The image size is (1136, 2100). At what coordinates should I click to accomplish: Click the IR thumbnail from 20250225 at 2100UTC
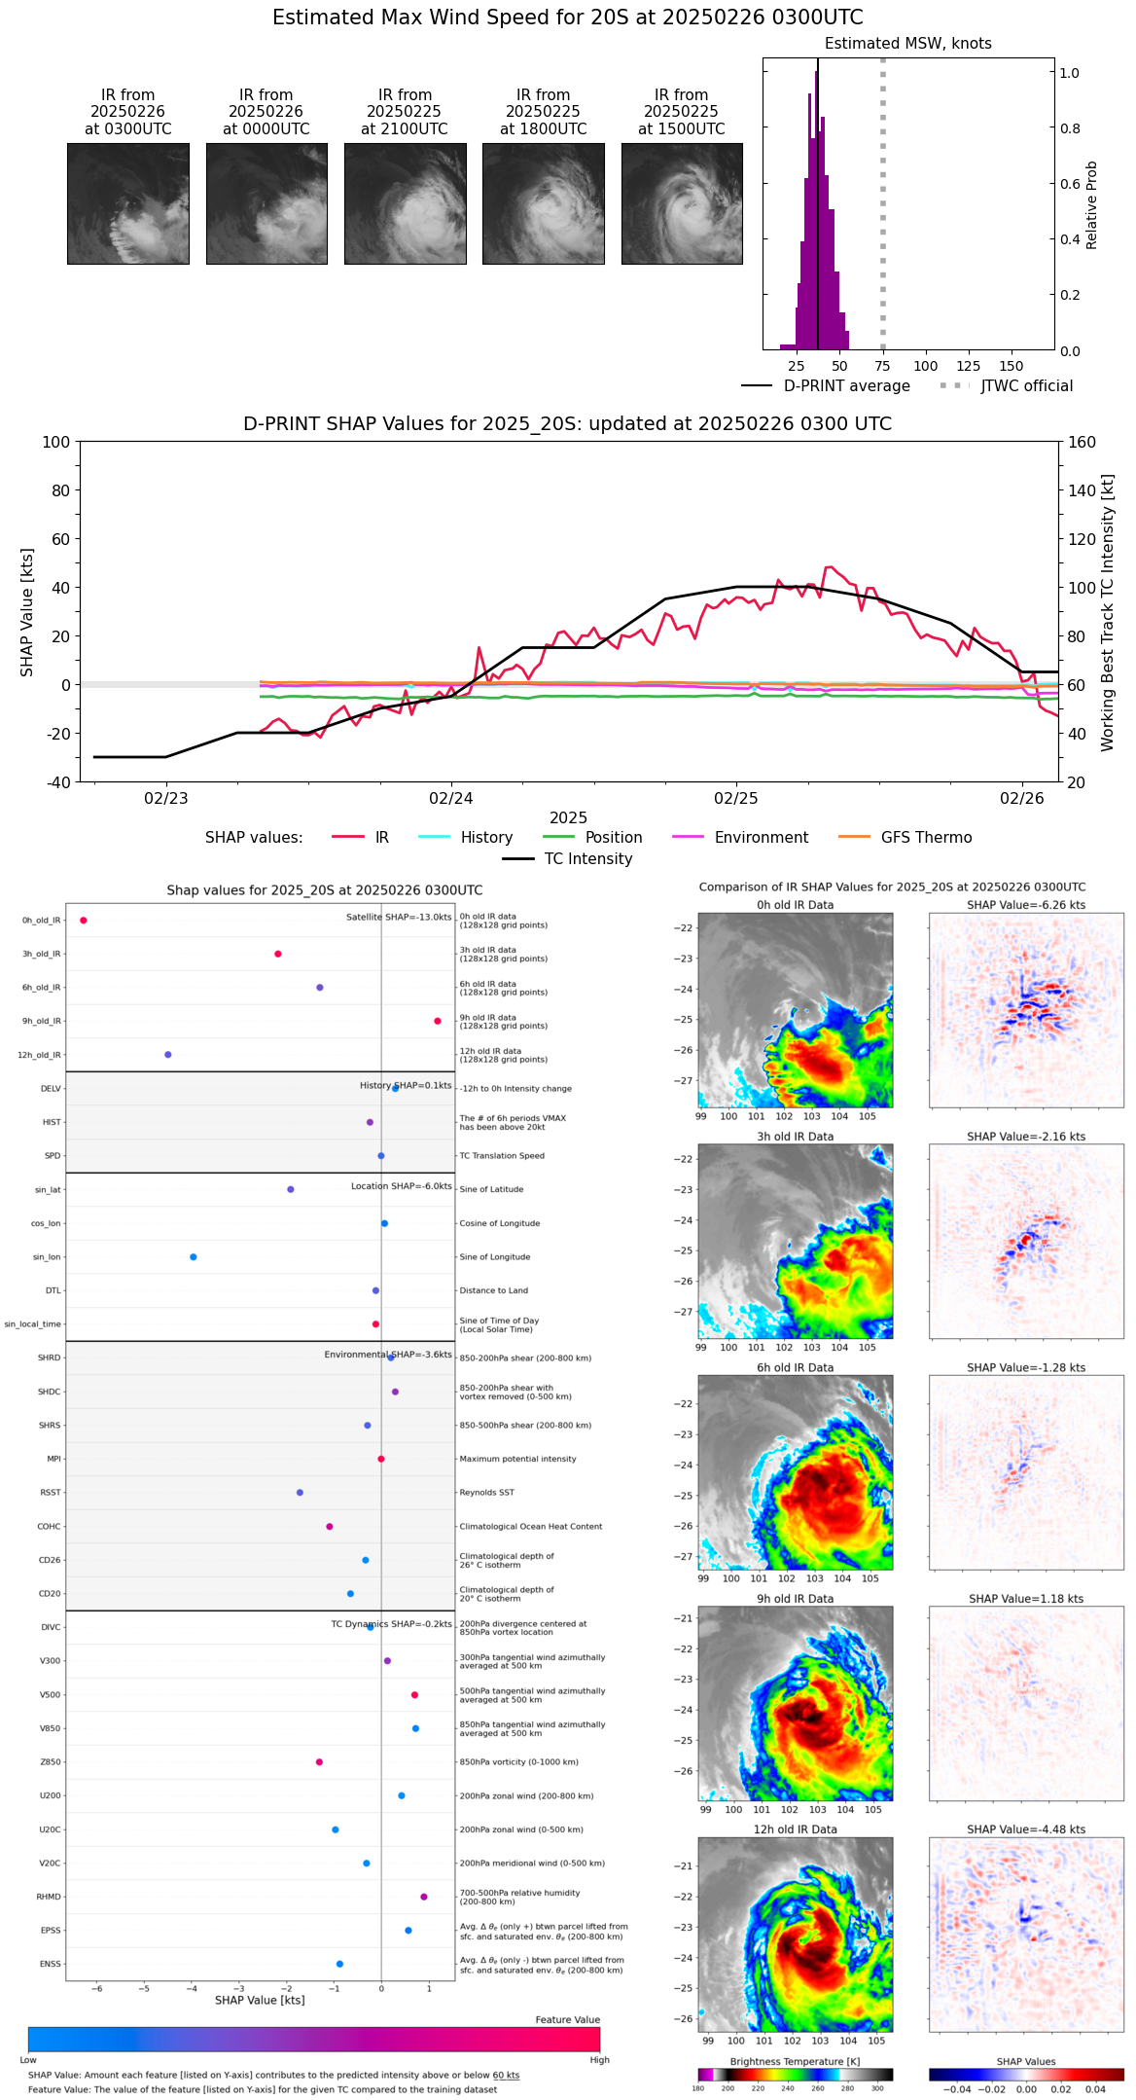coord(405,203)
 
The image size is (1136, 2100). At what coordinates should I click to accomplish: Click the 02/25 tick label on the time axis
coord(735,799)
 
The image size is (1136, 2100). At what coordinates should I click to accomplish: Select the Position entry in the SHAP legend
coord(613,838)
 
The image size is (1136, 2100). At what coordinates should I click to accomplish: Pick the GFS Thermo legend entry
coord(926,838)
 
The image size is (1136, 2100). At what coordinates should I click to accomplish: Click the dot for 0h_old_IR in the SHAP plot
coord(84,921)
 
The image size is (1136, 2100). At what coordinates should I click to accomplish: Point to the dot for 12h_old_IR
coord(168,1055)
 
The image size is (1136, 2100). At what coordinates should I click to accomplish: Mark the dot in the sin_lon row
coord(194,1257)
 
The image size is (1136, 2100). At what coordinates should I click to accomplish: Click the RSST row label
coord(51,1493)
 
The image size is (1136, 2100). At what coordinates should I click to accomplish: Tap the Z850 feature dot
coord(319,1762)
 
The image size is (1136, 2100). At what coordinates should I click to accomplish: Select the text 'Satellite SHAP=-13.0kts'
coord(399,918)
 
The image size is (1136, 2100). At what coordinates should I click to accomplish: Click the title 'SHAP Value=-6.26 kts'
coord(1026,905)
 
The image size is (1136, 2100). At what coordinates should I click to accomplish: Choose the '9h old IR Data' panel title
coord(795,1599)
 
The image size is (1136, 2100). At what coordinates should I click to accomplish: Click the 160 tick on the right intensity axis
coord(1083,442)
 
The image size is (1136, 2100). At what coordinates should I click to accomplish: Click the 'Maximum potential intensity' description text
coord(517,1459)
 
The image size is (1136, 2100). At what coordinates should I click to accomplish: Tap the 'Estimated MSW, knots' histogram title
coord(907,44)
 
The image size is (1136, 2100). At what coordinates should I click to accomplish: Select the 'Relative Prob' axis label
coord(1092,204)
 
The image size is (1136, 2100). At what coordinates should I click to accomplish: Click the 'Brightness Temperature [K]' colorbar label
coord(795,2061)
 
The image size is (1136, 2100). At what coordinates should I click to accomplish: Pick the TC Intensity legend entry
coord(587,859)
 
